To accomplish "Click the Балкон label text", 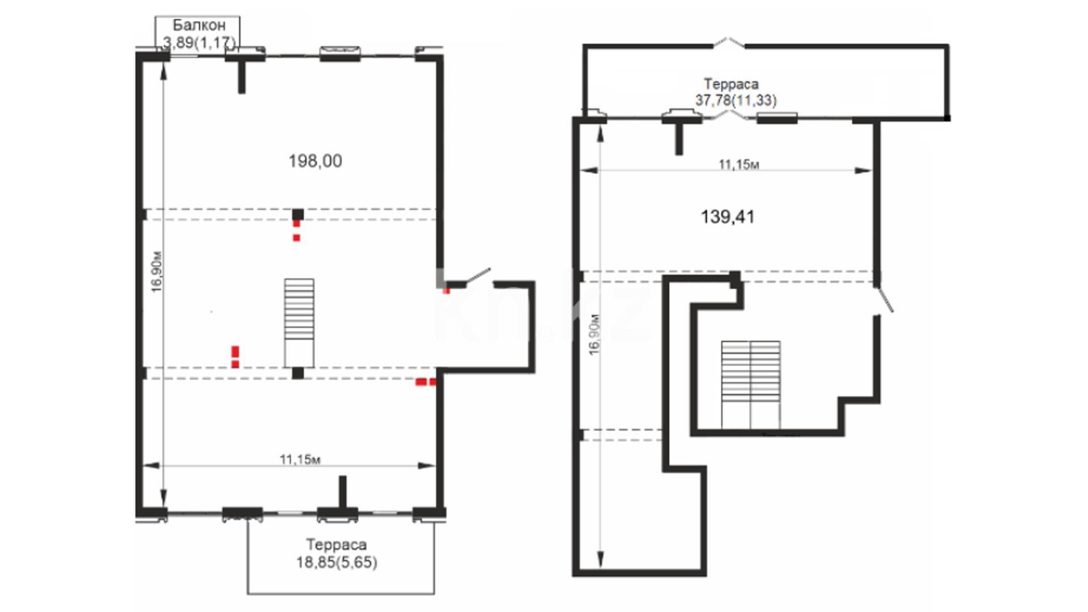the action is click(199, 25).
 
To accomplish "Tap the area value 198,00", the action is click(315, 161).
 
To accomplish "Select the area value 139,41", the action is click(728, 216).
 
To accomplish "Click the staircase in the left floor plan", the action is click(299, 322).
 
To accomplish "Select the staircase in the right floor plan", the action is click(751, 385).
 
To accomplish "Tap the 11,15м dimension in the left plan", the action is click(300, 459).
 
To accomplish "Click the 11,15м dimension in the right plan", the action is click(739, 164).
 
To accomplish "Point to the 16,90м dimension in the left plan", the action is click(157, 272).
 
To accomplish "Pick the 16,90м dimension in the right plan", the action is click(594, 334).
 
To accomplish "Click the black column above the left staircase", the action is click(297, 214).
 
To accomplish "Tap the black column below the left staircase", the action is click(297, 373).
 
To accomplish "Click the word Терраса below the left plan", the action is click(337, 545).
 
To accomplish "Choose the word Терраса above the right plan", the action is click(731, 84).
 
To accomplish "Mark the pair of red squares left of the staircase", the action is click(235, 357).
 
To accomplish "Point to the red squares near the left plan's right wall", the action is click(426, 382).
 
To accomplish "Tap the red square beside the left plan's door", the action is click(447, 291).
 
